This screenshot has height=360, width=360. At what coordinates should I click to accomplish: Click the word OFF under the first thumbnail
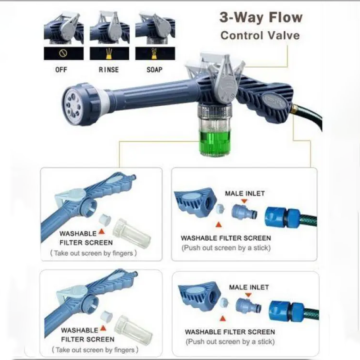pyautogui.click(x=61, y=70)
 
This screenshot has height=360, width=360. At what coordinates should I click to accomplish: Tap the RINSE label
pyautogui.click(x=108, y=70)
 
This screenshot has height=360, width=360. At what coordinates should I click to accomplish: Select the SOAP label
pyautogui.click(x=154, y=70)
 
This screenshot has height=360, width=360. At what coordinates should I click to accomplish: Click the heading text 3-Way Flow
pyautogui.click(x=261, y=18)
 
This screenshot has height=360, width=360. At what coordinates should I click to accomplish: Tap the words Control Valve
pyautogui.click(x=260, y=35)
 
